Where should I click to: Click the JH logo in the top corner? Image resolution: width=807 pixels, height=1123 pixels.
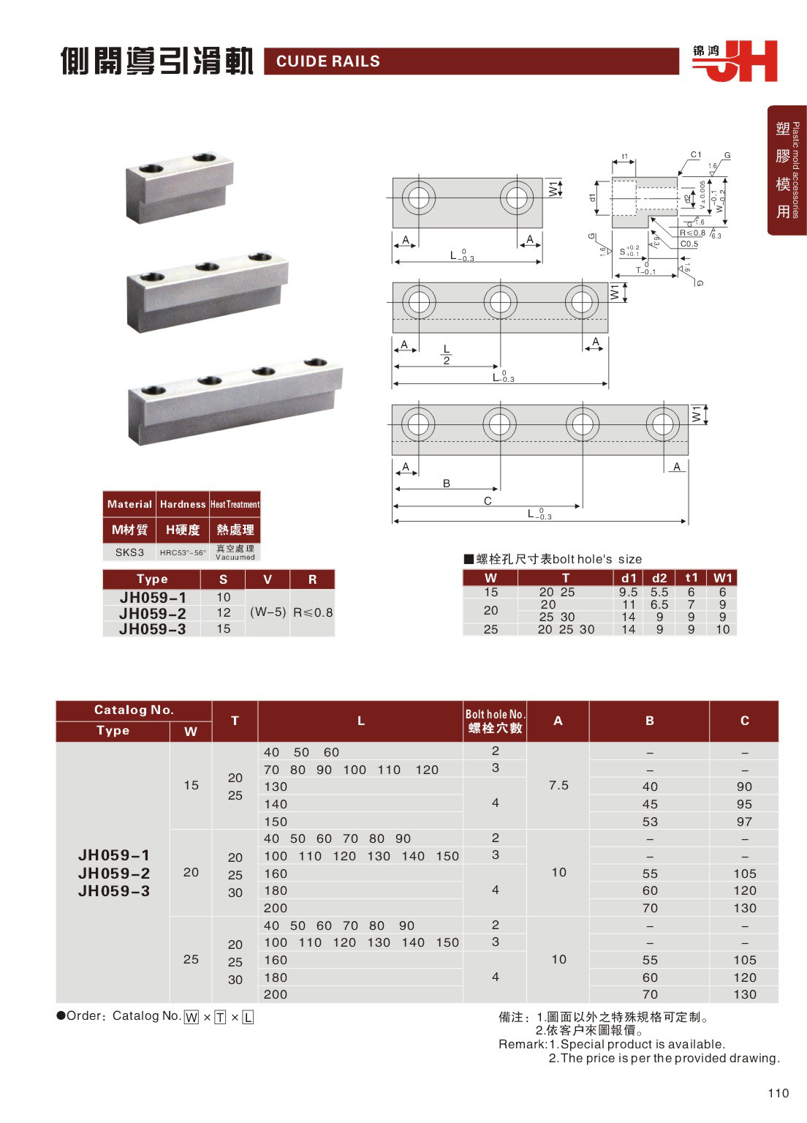[x=735, y=61]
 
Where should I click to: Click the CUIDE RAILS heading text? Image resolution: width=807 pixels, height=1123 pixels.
[x=328, y=61]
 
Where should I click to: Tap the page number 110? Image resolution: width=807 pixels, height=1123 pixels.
[x=778, y=1093]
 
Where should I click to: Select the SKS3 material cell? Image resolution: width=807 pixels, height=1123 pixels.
[x=129, y=552]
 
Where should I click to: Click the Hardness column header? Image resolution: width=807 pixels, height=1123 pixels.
[x=183, y=504]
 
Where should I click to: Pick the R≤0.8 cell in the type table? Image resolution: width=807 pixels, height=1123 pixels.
[x=313, y=612]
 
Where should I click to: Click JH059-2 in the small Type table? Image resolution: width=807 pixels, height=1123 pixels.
[x=153, y=613]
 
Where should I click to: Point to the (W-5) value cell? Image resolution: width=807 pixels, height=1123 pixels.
[x=268, y=612]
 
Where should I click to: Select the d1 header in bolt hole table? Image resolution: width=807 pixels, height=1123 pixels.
[x=629, y=578]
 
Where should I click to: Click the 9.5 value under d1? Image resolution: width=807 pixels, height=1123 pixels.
[x=629, y=592]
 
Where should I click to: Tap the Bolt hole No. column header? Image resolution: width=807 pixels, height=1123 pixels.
[x=495, y=721]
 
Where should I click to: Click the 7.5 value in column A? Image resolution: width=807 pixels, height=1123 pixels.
[x=558, y=785]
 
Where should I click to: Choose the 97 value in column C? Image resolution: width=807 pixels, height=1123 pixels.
[x=744, y=822]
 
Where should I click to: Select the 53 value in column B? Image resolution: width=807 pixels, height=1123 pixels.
[x=650, y=822]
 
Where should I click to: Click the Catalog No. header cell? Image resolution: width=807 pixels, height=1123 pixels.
[x=134, y=710]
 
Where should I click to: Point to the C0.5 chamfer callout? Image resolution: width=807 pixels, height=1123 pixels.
[x=689, y=244]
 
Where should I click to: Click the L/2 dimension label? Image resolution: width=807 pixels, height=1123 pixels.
[x=447, y=355]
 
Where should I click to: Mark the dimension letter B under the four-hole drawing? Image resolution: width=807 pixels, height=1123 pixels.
[x=447, y=484]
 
